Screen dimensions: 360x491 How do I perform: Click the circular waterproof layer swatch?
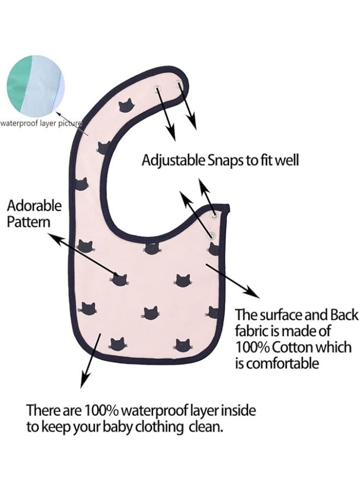pyautogui.click(x=35, y=85)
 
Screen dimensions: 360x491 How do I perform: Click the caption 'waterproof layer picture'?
pyautogui.click(x=41, y=123)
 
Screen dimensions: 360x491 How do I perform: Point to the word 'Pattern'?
pyautogui.click(x=28, y=222)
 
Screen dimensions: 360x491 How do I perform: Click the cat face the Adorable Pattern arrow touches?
pyautogui.click(x=120, y=279)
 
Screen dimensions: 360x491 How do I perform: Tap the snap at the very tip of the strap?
pyautogui.click(x=179, y=83)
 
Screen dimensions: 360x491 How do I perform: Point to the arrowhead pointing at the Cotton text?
pyautogui.click(x=253, y=291)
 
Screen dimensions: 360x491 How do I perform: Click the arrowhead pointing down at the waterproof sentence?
pyautogui.click(x=84, y=379)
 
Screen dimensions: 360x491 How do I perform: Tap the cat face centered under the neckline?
pyautogui.click(x=152, y=248)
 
